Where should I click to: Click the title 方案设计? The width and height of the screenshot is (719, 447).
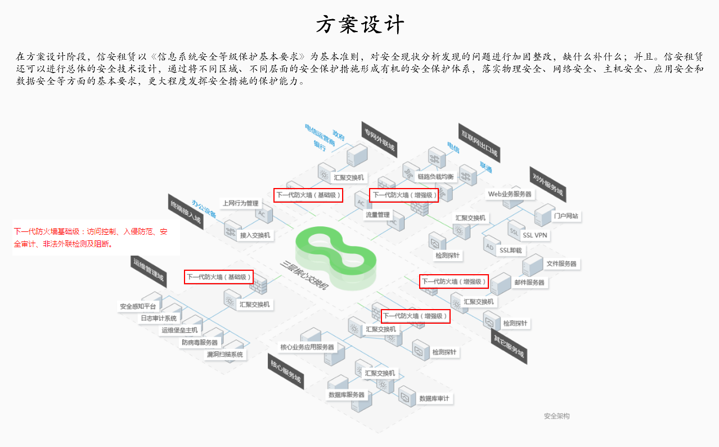(x=359, y=25)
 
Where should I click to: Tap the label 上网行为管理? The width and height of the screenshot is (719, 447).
(x=240, y=203)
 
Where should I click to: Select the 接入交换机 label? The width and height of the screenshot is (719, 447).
(x=255, y=235)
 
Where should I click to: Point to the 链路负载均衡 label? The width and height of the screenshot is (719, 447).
(x=435, y=177)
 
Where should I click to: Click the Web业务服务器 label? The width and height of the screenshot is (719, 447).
(x=510, y=194)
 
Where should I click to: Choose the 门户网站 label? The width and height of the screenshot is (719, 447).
(x=566, y=216)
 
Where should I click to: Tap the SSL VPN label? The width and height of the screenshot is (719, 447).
(x=534, y=235)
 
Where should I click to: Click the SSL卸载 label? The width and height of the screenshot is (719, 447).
(x=510, y=250)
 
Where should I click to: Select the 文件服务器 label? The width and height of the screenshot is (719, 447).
(x=561, y=263)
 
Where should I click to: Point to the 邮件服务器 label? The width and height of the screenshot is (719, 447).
(x=529, y=282)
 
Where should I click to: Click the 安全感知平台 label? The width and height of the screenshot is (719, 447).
(x=138, y=307)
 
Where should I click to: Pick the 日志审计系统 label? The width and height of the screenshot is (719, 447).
(x=159, y=318)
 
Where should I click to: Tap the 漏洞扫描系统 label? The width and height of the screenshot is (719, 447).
(x=225, y=355)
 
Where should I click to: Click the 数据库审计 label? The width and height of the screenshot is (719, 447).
(x=434, y=399)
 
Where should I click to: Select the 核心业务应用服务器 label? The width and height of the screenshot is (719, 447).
(x=307, y=347)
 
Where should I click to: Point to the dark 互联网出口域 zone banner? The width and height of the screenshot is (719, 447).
(x=479, y=142)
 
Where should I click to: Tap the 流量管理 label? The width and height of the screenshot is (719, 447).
(x=378, y=214)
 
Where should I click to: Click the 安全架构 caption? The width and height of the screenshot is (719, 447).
(x=556, y=416)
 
